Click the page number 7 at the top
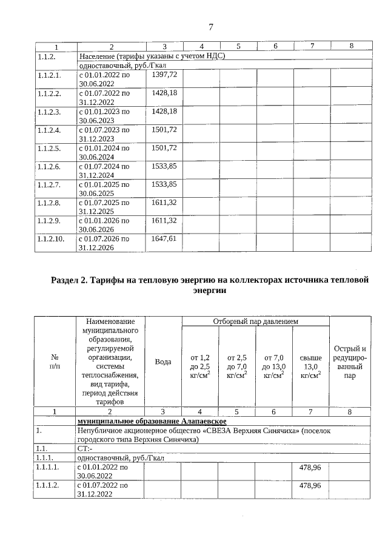coord(210,27)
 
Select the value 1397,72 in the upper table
coord(164,75)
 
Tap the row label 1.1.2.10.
coord(51,239)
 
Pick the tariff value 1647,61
coord(164,239)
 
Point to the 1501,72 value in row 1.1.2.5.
coord(164,148)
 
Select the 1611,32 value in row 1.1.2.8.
coord(164,203)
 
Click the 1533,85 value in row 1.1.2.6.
coord(164,166)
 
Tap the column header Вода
coord(163,362)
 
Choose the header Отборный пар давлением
coord(255,320)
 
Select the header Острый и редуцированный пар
coord(350,362)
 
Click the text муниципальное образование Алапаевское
coord(152,421)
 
